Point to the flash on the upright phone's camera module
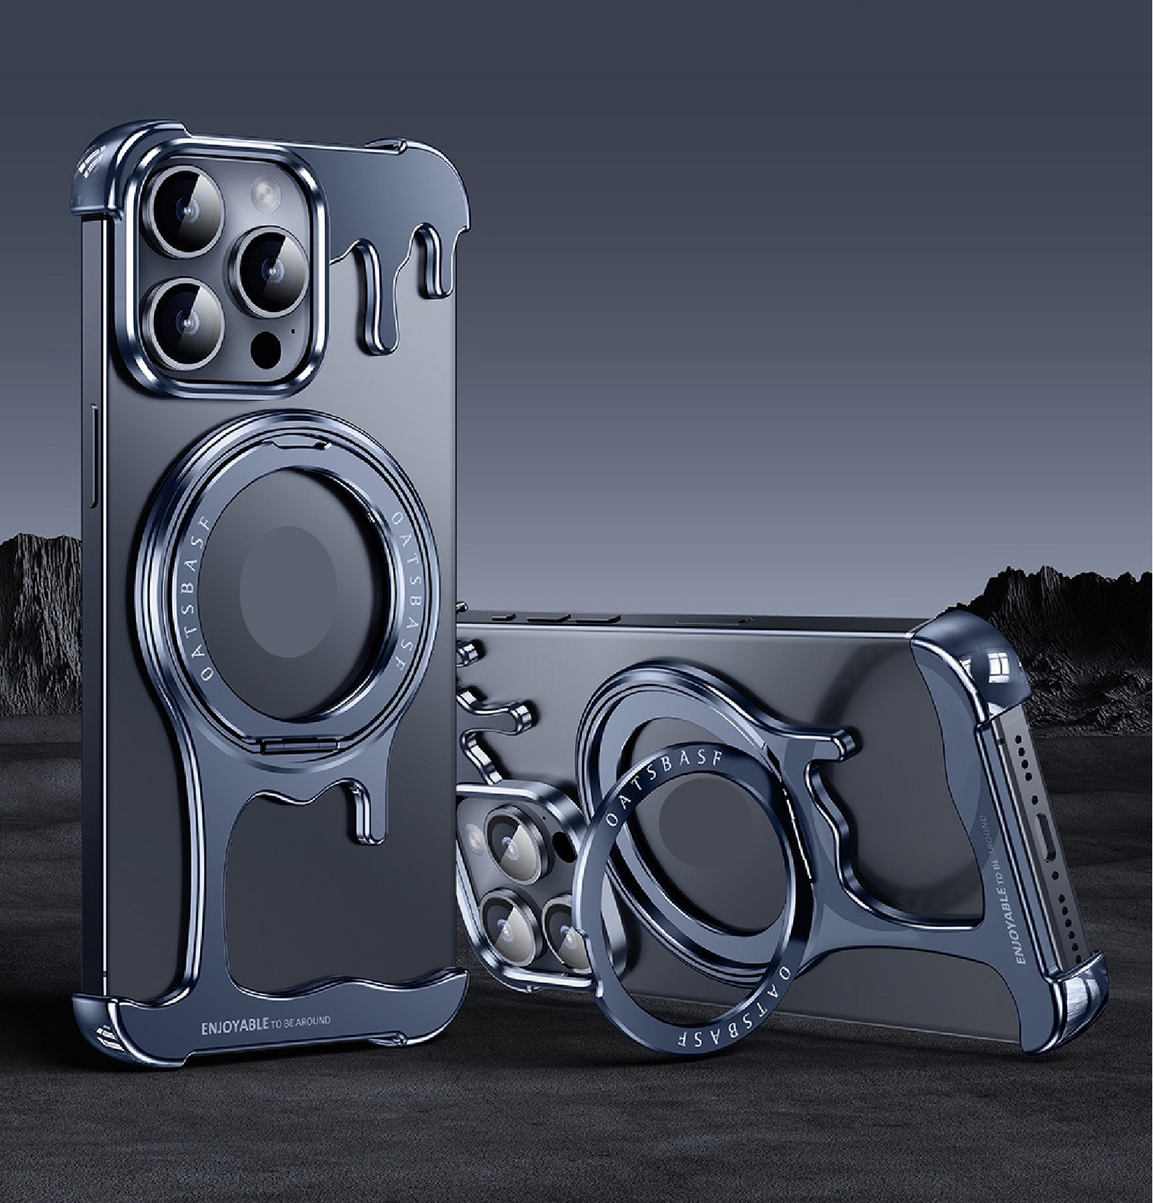point(265,193)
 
